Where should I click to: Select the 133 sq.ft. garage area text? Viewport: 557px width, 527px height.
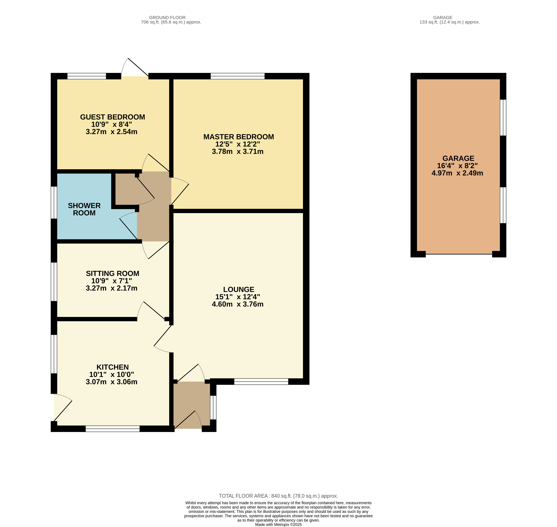[x=450, y=22]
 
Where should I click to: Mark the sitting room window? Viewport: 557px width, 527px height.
[x=54, y=282]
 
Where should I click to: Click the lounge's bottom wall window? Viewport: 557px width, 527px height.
[x=261, y=381]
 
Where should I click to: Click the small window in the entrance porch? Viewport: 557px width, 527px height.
[x=213, y=407]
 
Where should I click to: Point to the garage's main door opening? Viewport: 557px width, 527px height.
[x=459, y=254]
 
